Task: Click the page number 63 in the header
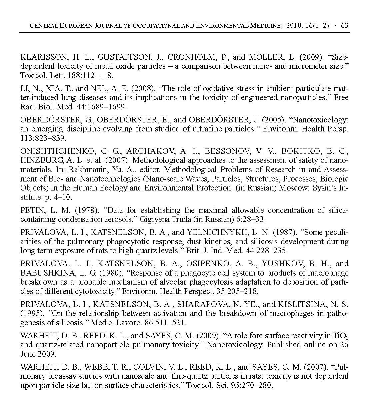click(345, 26)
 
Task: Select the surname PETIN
click(32, 210)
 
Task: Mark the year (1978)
click(86, 210)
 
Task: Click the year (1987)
click(285, 232)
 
